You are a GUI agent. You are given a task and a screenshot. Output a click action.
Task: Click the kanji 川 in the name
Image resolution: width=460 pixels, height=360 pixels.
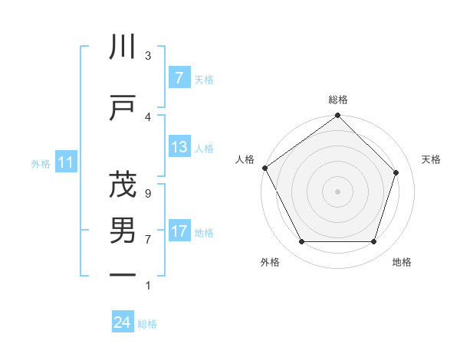click(123, 47)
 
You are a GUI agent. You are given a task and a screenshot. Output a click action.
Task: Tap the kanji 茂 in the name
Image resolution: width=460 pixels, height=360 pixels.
click(123, 185)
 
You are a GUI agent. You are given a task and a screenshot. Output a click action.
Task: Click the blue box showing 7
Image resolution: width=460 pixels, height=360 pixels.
click(179, 78)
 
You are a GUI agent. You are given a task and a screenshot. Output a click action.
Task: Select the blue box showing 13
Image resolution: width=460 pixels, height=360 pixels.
click(179, 147)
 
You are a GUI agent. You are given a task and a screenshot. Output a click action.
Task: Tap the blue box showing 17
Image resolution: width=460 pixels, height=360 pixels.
click(179, 231)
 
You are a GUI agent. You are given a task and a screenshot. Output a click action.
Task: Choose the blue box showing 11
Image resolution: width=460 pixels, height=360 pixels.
click(65, 162)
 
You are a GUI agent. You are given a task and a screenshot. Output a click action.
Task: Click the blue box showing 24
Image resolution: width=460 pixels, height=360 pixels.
click(123, 322)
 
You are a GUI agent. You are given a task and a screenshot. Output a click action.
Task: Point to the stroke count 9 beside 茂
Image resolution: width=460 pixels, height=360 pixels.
click(147, 194)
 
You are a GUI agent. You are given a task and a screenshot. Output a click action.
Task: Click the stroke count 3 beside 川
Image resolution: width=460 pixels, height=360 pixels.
click(147, 56)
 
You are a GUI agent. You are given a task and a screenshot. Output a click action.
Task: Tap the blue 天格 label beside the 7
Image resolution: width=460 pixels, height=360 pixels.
click(204, 79)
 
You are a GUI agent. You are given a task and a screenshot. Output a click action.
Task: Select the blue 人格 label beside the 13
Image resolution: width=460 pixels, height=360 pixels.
click(204, 148)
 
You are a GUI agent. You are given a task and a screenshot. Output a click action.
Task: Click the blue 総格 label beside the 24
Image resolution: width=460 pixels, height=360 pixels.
click(147, 323)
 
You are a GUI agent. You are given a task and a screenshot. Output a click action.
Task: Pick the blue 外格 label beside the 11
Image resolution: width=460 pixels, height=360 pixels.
click(41, 163)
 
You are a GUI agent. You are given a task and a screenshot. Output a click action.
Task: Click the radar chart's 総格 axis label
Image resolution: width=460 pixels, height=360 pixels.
click(338, 100)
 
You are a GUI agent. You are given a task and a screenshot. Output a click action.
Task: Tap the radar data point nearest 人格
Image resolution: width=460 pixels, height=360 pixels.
click(265, 168)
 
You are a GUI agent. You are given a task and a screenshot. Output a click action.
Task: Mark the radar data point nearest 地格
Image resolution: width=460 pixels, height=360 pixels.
click(373, 242)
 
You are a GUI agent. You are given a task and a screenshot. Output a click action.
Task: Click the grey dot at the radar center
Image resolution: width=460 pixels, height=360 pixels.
click(337, 191)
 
